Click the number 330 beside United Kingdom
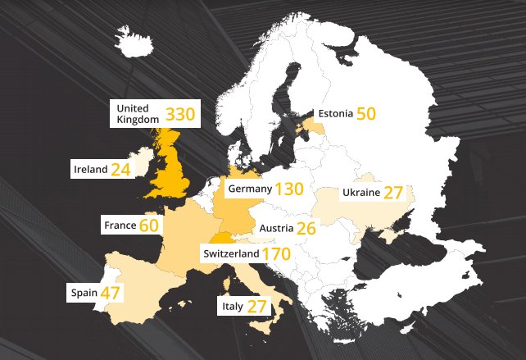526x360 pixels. [x=179, y=113]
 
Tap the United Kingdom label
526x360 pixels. [x=138, y=113]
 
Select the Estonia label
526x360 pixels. [x=335, y=114]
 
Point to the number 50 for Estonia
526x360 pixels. [x=365, y=114]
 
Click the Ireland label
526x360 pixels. [x=90, y=169]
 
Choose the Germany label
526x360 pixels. [x=250, y=189]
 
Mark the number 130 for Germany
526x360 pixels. [x=289, y=189]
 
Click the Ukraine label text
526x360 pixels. [x=360, y=193]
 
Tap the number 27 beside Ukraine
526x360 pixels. [x=393, y=194]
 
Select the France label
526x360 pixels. [x=120, y=224]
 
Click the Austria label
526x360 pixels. [x=276, y=228]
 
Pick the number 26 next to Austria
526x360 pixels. [x=306, y=229]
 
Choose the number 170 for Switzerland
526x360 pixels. [x=276, y=254]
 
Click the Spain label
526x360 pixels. [x=84, y=292]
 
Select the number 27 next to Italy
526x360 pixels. [x=257, y=307]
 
